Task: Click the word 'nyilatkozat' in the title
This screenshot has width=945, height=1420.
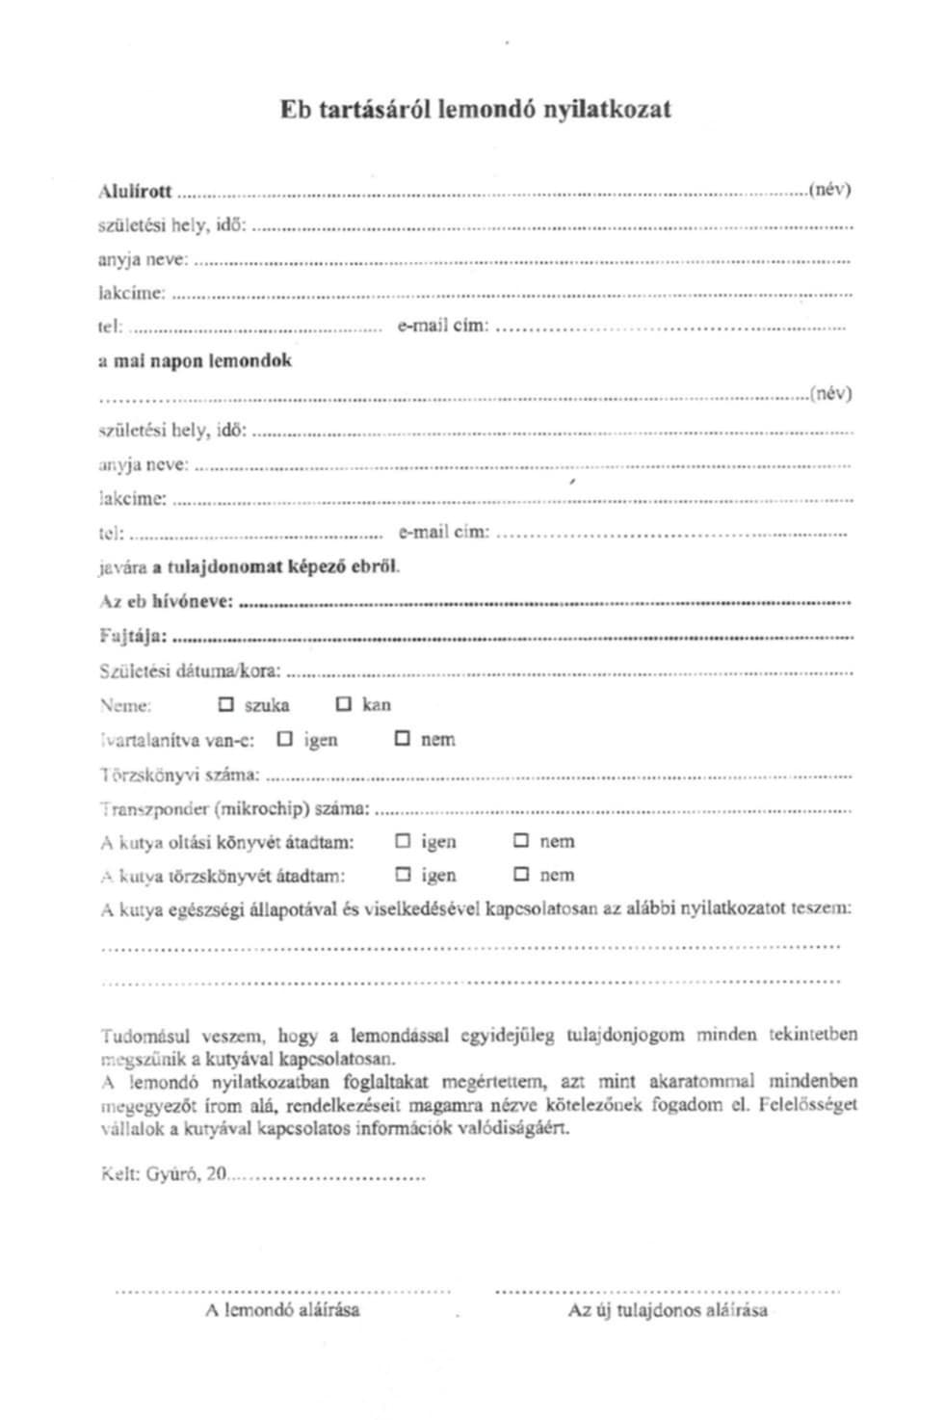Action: click(x=607, y=109)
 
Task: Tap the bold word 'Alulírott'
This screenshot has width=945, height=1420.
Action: click(x=136, y=191)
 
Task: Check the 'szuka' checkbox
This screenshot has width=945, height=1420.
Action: click(x=226, y=704)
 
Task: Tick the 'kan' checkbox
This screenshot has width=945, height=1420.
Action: click(x=344, y=704)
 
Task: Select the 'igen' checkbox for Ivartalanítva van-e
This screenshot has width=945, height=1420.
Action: click(x=284, y=739)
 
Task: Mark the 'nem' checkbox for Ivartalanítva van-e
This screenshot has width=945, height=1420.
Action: click(x=403, y=739)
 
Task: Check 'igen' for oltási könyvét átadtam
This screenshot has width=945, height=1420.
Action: click(x=403, y=841)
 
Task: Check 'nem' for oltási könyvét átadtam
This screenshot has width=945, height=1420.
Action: click(x=521, y=841)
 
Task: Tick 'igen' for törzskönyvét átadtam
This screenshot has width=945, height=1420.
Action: click(x=403, y=875)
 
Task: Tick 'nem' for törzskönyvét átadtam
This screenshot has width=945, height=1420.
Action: click(x=521, y=875)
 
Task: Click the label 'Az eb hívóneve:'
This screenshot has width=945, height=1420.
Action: click(x=167, y=601)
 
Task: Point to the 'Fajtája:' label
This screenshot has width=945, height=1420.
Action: click(x=134, y=636)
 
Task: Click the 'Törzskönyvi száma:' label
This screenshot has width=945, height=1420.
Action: click(x=179, y=774)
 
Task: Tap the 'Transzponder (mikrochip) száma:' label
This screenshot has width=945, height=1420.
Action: click(x=234, y=808)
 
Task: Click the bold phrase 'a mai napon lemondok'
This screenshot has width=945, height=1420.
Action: click(x=196, y=361)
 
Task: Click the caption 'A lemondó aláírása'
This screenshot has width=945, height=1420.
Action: click(x=282, y=1310)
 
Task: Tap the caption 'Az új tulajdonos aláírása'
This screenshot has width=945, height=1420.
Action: click(x=668, y=1310)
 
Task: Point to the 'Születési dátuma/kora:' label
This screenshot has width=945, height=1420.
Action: click(x=190, y=671)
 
